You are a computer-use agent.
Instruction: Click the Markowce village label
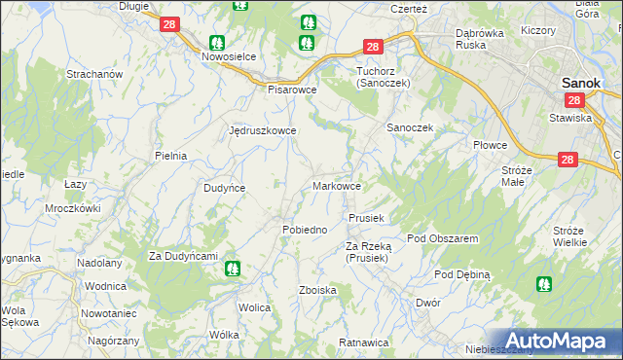click(x=339, y=186)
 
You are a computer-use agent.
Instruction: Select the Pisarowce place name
click(x=293, y=89)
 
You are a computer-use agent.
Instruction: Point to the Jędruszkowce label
click(x=261, y=130)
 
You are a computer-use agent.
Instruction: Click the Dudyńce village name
click(x=224, y=188)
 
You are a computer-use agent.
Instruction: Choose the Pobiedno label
click(x=304, y=230)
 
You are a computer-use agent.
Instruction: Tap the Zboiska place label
click(x=318, y=290)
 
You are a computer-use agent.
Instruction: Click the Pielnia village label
click(x=170, y=156)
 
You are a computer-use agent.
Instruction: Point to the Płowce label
click(x=491, y=145)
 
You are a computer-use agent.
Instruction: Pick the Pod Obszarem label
click(x=442, y=238)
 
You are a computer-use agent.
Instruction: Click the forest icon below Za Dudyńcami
click(x=232, y=270)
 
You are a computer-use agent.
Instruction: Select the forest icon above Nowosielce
click(x=217, y=42)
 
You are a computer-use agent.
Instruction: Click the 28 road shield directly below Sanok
click(x=573, y=100)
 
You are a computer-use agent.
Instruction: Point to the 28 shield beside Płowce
click(x=568, y=160)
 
